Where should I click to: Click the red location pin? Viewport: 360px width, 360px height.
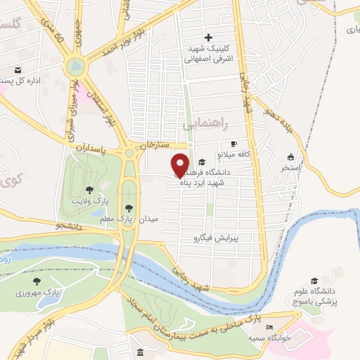point(181,165)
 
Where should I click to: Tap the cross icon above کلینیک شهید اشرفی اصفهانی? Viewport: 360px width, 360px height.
point(207,37)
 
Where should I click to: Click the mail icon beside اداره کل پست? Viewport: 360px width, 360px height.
point(17,70)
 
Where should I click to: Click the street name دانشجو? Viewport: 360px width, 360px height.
point(71,226)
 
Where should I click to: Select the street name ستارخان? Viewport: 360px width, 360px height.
point(156,145)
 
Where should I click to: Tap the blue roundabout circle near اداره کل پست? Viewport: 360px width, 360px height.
point(75,67)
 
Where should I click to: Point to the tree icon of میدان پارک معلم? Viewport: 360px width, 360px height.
point(128,207)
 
